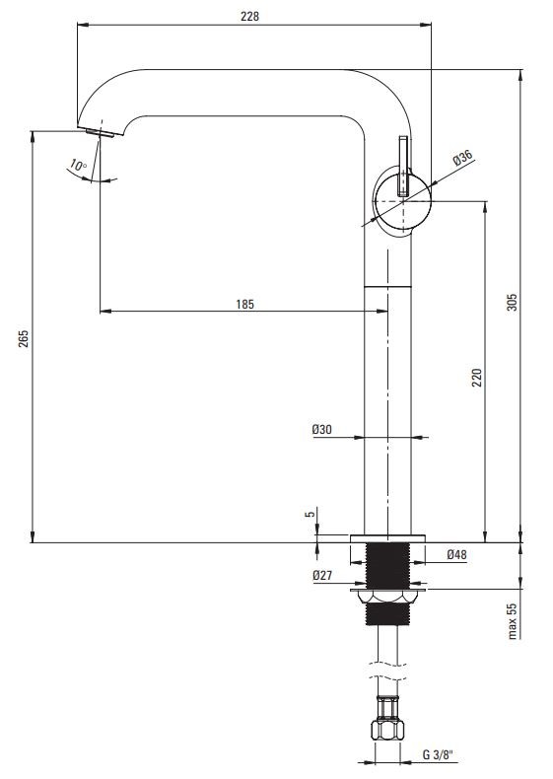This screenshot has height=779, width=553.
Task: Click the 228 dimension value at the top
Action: pos(250,17)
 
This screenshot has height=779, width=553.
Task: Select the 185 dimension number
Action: pos(244,304)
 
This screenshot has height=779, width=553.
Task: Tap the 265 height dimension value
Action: pos(24,338)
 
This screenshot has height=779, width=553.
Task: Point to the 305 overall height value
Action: pos(512,302)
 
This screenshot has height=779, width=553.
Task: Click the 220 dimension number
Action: pos(476,378)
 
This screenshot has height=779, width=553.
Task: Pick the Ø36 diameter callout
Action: pos(462,158)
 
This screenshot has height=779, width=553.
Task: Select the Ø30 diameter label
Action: pos(322,430)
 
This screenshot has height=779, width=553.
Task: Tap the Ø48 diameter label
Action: pos(456,554)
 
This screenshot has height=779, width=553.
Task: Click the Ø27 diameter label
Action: pos(322,575)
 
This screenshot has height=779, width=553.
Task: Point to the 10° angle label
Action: pos(78,165)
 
